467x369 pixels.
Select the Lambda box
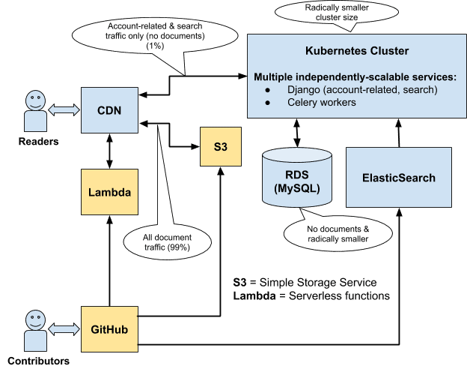[110, 192]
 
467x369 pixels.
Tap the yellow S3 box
[220, 145]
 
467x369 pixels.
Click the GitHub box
[110, 329]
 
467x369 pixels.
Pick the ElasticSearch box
[399, 178]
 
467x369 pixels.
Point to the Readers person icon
[34, 109]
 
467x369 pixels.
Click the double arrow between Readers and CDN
[64, 109]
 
